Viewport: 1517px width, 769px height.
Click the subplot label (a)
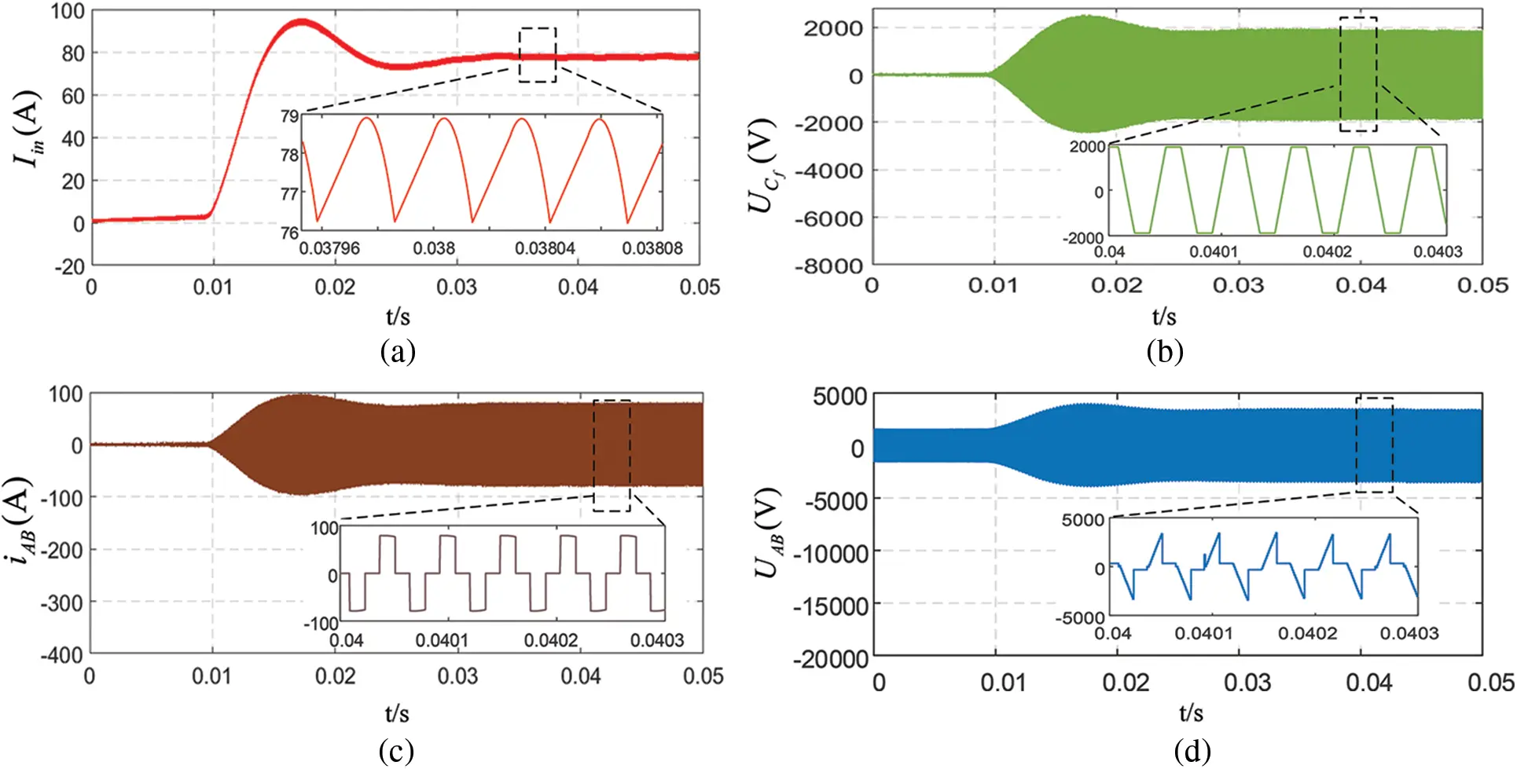click(x=397, y=350)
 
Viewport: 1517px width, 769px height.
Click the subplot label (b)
click(x=1164, y=350)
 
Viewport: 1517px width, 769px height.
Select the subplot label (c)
click(x=396, y=751)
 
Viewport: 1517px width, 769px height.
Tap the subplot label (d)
click(x=1192, y=751)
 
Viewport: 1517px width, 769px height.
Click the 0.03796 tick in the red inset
click(x=329, y=248)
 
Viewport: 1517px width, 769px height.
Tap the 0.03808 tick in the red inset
click(x=652, y=248)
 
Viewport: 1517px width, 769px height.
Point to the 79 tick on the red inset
click(x=289, y=117)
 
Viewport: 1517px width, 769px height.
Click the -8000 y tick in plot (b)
click(x=828, y=265)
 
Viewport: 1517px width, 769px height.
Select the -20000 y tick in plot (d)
click(x=830, y=658)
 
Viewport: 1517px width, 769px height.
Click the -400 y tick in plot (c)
click(x=61, y=654)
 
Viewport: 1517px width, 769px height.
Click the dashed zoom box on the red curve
click(x=538, y=55)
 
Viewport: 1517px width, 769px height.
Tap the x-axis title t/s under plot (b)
click(x=1164, y=317)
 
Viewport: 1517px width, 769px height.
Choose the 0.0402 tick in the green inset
click(x=1327, y=251)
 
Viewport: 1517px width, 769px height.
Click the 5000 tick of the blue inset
click(x=1082, y=520)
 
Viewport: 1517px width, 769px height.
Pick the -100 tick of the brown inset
click(x=321, y=624)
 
